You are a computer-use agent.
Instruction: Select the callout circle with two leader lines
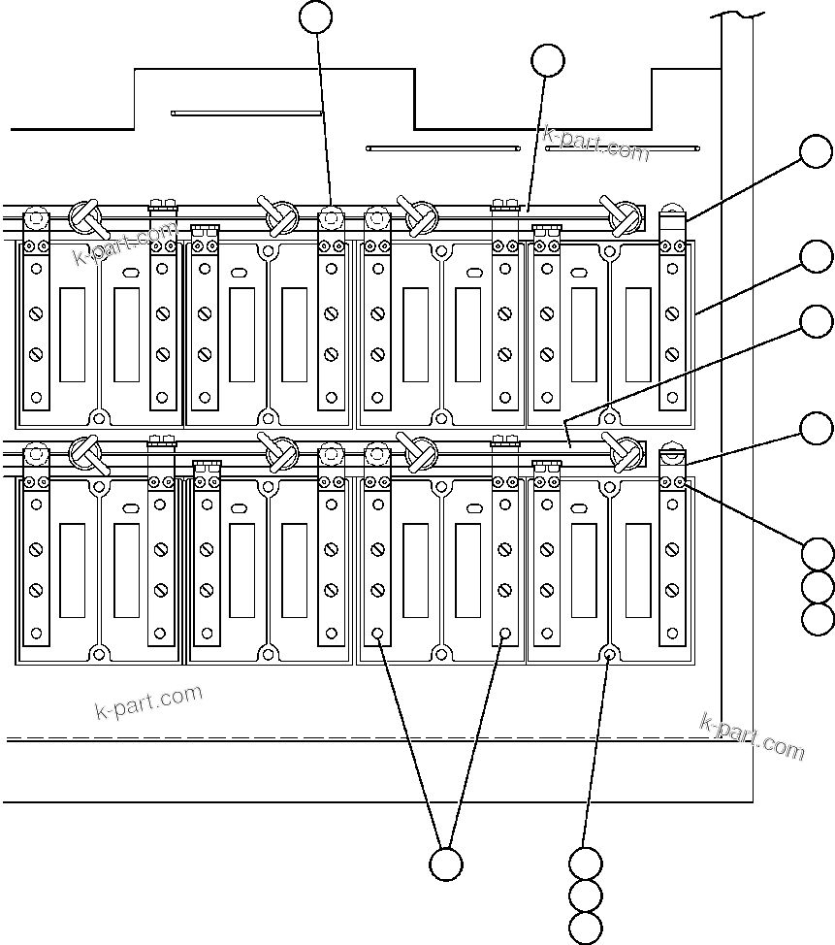click(x=445, y=864)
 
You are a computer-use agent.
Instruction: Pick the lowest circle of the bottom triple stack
click(x=586, y=927)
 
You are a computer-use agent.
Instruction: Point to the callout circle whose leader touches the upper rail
click(x=548, y=60)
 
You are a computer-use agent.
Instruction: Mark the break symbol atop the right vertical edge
click(x=737, y=14)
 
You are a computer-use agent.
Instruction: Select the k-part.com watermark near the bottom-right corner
click(x=752, y=736)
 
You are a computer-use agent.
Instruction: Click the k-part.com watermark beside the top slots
click(x=595, y=144)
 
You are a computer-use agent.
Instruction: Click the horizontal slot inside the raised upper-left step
click(x=246, y=113)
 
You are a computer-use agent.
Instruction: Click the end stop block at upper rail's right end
click(x=671, y=221)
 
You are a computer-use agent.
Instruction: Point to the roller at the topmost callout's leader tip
click(x=332, y=216)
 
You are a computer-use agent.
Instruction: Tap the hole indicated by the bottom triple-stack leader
click(x=609, y=654)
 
